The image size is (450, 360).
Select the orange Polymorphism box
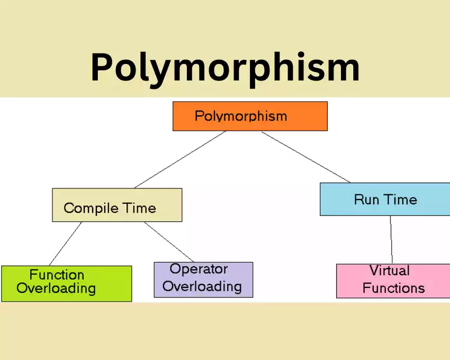pos(250,116)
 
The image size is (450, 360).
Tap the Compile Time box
pos(117,205)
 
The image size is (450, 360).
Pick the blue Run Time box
pos(385,199)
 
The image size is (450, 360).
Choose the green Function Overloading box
pos(67,284)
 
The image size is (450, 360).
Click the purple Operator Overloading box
pos(203,280)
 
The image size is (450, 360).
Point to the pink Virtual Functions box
pos(393,281)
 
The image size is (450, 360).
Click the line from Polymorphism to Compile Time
pos(180,159)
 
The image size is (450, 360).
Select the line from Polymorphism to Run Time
pos(305,157)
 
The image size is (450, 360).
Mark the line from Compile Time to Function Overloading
pos(66,244)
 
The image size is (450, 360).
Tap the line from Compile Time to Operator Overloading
pos(169,242)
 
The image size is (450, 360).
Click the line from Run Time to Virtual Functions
pos(391,240)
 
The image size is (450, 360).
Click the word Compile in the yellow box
pos(91,209)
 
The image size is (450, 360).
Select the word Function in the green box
pos(57,275)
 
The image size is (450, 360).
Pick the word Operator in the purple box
pos(199,269)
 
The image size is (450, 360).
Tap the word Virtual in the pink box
pos(390,271)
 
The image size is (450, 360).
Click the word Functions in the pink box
pos(393,288)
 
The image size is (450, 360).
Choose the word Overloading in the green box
pos(56,289)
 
